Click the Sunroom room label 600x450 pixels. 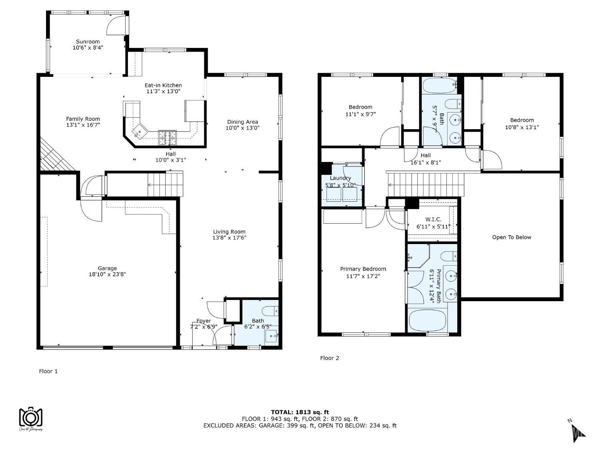(x=88, y=42)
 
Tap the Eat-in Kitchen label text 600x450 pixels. (x=163, y=85)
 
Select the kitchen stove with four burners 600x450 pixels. (x=168, y=138)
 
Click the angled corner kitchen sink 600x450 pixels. (x=140, y=132)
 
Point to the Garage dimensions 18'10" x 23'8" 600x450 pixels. (x=108, y=274)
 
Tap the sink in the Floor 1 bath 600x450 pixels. (x=272, y=336)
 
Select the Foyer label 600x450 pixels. (x=204, y=321)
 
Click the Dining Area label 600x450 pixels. (x=242, y=122)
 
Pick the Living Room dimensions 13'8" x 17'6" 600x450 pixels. (x=229, y=238)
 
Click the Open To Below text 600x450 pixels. (x=512, y=237)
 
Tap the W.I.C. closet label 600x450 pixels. (x=433, y=219)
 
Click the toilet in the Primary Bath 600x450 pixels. (x=449, y=256)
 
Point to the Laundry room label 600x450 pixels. (x=340, y=178)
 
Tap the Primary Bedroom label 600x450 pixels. (x=363, y=269)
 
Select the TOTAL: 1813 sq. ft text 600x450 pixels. (x=300, y=412)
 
